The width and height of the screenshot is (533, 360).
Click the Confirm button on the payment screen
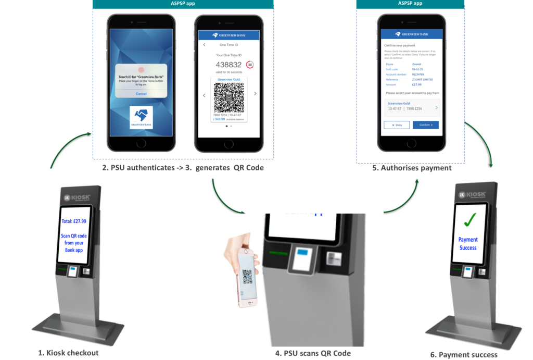tap(425, 125)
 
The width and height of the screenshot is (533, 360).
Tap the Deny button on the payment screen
tap(397, 125)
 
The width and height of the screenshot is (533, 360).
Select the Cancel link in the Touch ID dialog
tap(141, 93)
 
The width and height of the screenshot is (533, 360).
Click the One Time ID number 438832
tap(229, 65)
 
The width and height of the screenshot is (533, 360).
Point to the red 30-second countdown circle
tap(250, 65)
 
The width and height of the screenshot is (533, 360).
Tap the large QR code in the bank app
tap(229, 97)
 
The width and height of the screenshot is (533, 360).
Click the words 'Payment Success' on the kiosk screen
tap(468, 243)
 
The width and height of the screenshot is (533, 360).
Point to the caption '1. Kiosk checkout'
tap(68, 353)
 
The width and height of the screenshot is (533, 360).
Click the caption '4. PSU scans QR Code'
tap(313, 353)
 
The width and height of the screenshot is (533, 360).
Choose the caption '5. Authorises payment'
tap(414, 168)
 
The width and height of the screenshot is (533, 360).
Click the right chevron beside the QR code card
tap(255, 94)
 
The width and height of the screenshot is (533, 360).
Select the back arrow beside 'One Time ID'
tap(204, 45)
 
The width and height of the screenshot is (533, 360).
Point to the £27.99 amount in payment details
tap(417, 84)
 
